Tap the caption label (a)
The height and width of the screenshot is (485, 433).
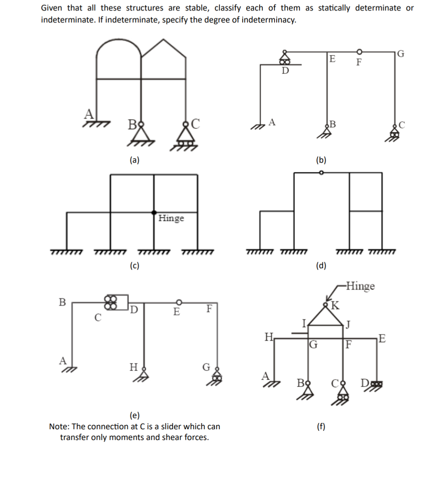tap(134, 160)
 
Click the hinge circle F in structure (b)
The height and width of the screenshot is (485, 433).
tap(359, 52)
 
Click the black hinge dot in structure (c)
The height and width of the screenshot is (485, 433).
tap(154, 212)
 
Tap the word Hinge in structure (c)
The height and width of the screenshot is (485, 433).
tap(171, 218)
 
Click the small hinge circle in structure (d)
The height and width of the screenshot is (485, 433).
tap(322, 173)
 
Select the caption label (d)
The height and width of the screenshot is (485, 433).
tap(321, 265)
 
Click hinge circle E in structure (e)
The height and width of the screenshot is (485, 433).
tap(178, 302)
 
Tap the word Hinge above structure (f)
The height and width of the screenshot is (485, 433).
tap(360, 286)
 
